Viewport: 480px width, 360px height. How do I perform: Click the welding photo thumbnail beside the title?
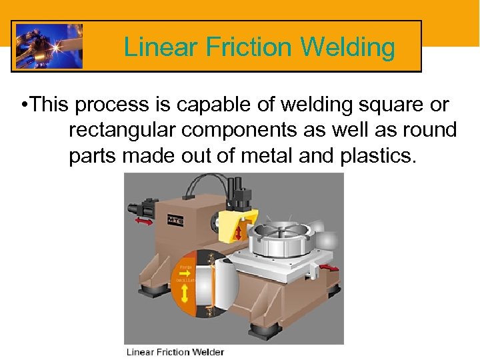click(49, 47)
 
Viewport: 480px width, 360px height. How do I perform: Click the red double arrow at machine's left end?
click(143, 221)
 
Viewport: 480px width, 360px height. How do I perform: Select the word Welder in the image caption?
click(207, 352)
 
